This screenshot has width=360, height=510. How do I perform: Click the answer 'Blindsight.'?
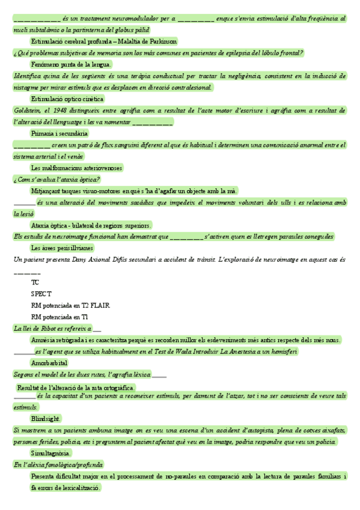click(x=46, y=418)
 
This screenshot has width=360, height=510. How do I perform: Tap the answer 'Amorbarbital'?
click(x=49, y=363)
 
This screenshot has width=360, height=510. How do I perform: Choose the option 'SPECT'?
click(x=41, y=293)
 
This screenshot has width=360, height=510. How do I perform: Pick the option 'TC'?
click(x=35, y=282)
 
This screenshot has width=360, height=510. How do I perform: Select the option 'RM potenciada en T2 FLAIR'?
click(x=70, y=305)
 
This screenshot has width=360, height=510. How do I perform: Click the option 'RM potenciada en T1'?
click(x=59, y=316)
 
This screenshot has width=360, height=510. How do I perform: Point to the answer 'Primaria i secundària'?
click(x=59, y=133)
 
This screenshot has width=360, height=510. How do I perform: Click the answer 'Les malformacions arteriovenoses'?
click(x=76, y=167)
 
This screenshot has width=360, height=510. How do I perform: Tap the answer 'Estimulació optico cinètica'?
click(x=67, y=99)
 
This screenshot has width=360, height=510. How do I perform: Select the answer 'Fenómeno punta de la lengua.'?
click(x=71, y=64)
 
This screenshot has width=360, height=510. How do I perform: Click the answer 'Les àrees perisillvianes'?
click(x=62, y=247)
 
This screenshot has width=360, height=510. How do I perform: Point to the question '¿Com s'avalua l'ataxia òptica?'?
click(x=56, y=179)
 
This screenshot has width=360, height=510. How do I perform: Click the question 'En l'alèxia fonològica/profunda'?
click(x=58, y=465)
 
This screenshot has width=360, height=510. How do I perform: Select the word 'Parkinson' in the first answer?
click(x=161, y=41)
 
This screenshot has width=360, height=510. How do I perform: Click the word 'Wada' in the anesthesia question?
click(x=182, y=351)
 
